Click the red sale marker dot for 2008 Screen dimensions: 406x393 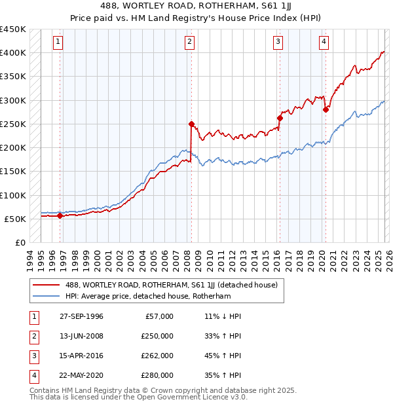pyautogui.click(x=191, y=124)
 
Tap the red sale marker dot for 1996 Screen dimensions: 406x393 pyautogui.click(x=60, y=215)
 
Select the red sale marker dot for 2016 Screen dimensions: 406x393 pyautogui.click(x=280, y=119)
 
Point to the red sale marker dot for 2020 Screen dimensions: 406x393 pyautogui.click(x=326, y=110)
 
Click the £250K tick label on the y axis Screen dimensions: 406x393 pyautogui.click(x=13, y=124)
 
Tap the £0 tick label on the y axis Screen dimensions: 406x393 pyautogui.click(x=20, y=243)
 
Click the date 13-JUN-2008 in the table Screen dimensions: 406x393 pyautogui.click(x=80, y=336)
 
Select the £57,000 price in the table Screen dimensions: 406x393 pyautogui.click(x=157, y=316)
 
